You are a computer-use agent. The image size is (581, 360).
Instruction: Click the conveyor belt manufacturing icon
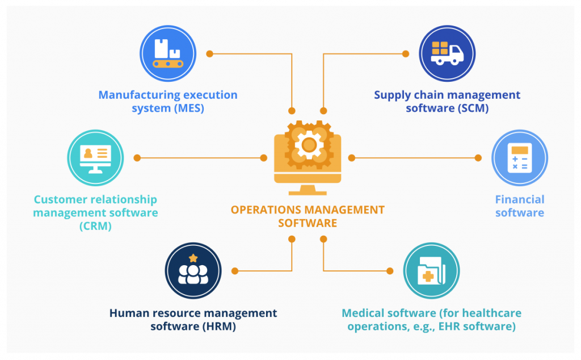click(x=168, y=55)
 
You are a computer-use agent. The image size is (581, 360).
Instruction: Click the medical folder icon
click(x=431, y=272)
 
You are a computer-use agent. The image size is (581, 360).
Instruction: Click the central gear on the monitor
click(x=309, y=144)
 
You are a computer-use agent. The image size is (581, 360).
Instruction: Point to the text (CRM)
click(x=95, y=226)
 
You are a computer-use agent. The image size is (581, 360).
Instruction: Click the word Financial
click(x=519, y=199)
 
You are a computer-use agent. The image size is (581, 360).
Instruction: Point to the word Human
click(x=127, y=313)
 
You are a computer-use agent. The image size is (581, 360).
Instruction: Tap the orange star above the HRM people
click(x=193, y=258)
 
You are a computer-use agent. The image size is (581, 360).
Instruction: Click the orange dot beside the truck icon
click(x=406, y=54)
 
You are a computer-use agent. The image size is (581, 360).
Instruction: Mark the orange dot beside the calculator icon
click(x=478, y=158)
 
